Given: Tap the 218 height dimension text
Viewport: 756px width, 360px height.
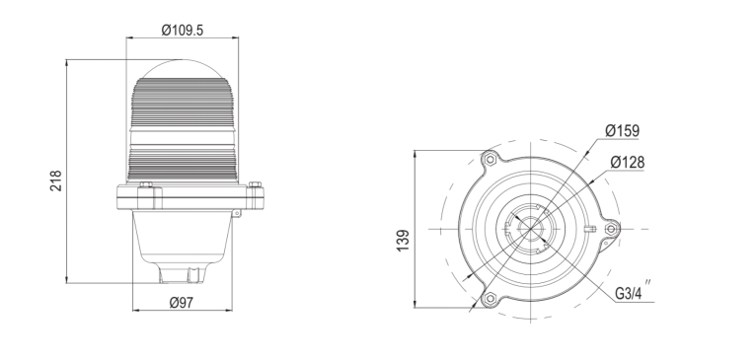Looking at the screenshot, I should [x=56, y=180].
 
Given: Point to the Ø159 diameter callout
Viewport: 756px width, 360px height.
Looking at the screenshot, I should [x=622, y=129].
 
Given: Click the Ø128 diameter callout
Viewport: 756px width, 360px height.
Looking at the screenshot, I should [x=627, y=162].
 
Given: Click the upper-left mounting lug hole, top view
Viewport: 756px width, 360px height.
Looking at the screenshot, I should [x=488, y=158].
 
